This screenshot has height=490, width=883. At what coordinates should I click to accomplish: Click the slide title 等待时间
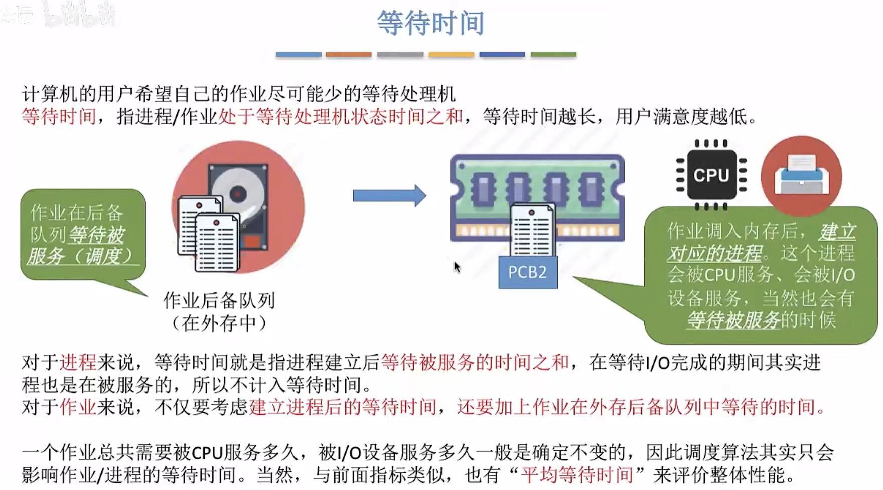pyautogui.click(x=430, y=23)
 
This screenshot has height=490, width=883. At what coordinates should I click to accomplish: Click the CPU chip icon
pyautogui.click(x=711, y=175)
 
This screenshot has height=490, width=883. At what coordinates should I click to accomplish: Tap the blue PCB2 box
pyautogui.click(x=527, y=272)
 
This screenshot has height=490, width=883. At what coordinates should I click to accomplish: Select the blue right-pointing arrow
pyautogui.click(x=389, y=195)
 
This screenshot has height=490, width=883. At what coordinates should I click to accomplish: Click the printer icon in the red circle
pyautogui.click(x=801, y=175)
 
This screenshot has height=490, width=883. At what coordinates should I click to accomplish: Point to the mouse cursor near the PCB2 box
pyautogui.click(x=456, y=267)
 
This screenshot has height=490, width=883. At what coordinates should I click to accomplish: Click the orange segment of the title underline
pyautogui.click(x=348, y=54)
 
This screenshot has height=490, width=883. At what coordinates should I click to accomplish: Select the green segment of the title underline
pyautogui.click(x=553, y=54)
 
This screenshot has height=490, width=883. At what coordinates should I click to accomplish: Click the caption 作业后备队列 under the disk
pyautogui.click(x=219, y=300)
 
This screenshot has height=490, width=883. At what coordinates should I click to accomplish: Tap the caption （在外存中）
pyautogui.click(x=219, y=323)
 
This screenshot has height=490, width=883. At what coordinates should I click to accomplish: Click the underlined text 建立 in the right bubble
pyautogui.click(x=837, y=232)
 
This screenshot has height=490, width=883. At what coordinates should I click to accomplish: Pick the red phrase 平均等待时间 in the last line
pyautogui.click(x=577, y=474)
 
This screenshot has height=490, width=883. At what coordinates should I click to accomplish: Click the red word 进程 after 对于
pyautogui.click(x=78, y=362)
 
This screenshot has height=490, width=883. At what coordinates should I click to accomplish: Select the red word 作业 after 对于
pyautogui.click(x=78, y=406)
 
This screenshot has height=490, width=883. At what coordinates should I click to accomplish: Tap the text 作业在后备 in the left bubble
pyautogui.click(x=76, y=213)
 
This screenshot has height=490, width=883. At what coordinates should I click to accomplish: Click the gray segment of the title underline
pyautogui.click(x=400, y=54)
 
